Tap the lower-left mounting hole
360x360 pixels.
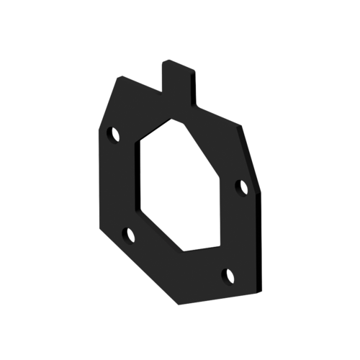tap(130, 233)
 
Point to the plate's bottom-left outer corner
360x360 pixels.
tap(97, 220)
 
